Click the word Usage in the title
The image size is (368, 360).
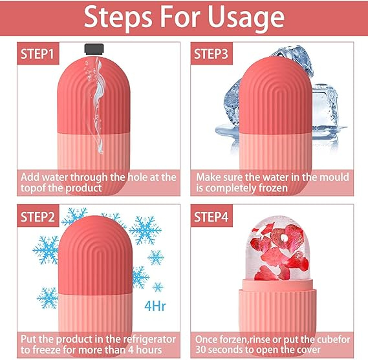246,17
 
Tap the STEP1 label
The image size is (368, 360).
38,54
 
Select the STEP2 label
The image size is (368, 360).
38,217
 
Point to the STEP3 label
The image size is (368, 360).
211,54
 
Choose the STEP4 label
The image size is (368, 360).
211,217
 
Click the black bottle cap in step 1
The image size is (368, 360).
94,49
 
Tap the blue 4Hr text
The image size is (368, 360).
155,306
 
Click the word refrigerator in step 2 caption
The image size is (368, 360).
149,339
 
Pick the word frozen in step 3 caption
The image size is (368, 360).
272,188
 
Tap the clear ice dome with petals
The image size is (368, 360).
277,249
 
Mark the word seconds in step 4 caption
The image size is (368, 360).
224,350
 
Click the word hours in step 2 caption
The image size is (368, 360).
149,350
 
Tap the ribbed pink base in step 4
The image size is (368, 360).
277,310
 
